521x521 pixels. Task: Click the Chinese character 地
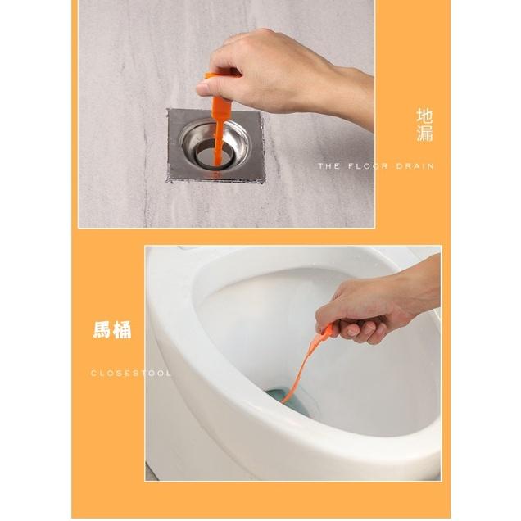click(424, 115)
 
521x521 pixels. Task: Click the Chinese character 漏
click(424, 134)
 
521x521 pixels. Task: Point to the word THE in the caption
click(329, 165)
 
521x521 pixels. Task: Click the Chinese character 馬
click(102, 330)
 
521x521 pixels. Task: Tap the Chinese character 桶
click(122, 330)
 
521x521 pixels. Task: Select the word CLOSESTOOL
click(131, 373)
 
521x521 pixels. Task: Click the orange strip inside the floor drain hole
click(218, 152)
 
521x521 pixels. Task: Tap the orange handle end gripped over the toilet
click(328, 331)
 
